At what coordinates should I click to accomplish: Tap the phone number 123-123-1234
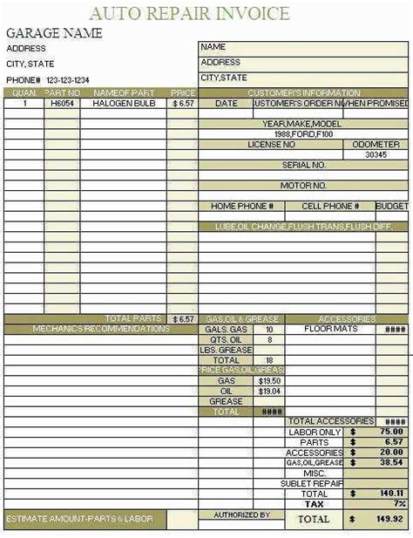pyautogui.click(x=79, y=80)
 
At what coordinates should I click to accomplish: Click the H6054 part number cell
pyautogui.click(x=61, y=103)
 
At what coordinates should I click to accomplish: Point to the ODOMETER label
pyautogui.click(x=376, y=145)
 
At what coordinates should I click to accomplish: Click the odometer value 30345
pyautogui.click(x=376, y=154)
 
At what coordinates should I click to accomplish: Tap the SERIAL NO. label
pyautogui.click(x=304, y=165)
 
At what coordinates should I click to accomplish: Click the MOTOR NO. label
pyautogui.click(x=303, y=186)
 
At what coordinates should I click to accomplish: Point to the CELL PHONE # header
pyautogui.click(x=330, y=207)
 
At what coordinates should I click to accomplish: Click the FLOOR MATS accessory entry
pyautogui.click(x=330, y=330)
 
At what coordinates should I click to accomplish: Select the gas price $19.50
pyautogui.click(x=269, y=381)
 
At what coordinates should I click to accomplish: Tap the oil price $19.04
pyautogui.click(x=269, y=392)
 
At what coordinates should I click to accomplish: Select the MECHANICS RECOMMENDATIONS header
pyautogui.click(x=101, y=330)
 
